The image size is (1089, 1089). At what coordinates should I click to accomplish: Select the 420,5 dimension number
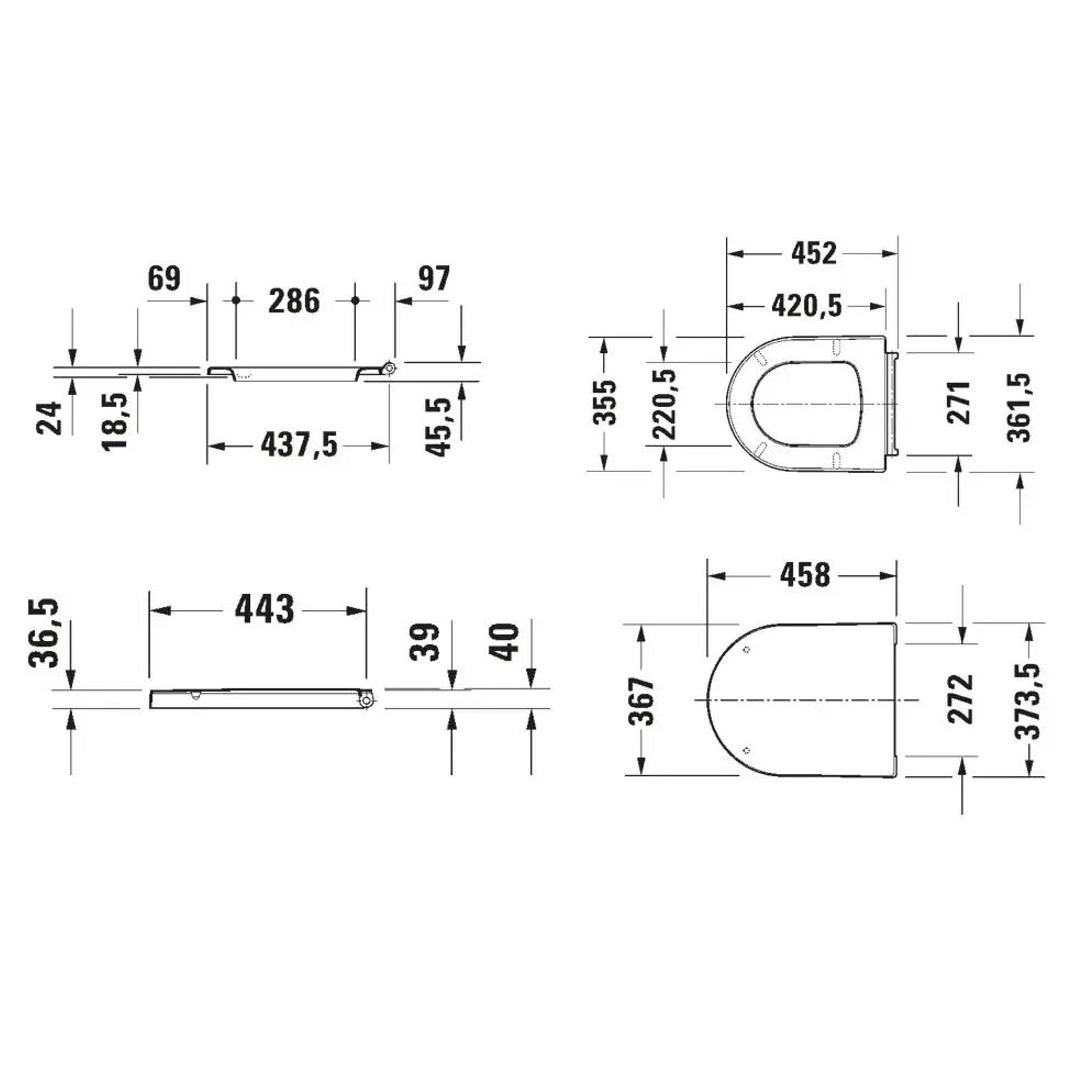click(x=806, y=306)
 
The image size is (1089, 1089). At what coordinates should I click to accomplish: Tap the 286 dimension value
click(x=293, y=301)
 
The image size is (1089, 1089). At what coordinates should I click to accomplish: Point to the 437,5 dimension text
click(x=299, y=445)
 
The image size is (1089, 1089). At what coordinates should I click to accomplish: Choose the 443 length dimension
click(x=265, y=609)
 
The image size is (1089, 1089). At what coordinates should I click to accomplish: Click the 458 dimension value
click(x=805, y=575)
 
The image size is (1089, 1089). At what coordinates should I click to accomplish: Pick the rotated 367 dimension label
click(x=642, y=702)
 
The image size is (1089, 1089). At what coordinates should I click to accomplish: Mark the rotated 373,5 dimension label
click(x=1026, y=701)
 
